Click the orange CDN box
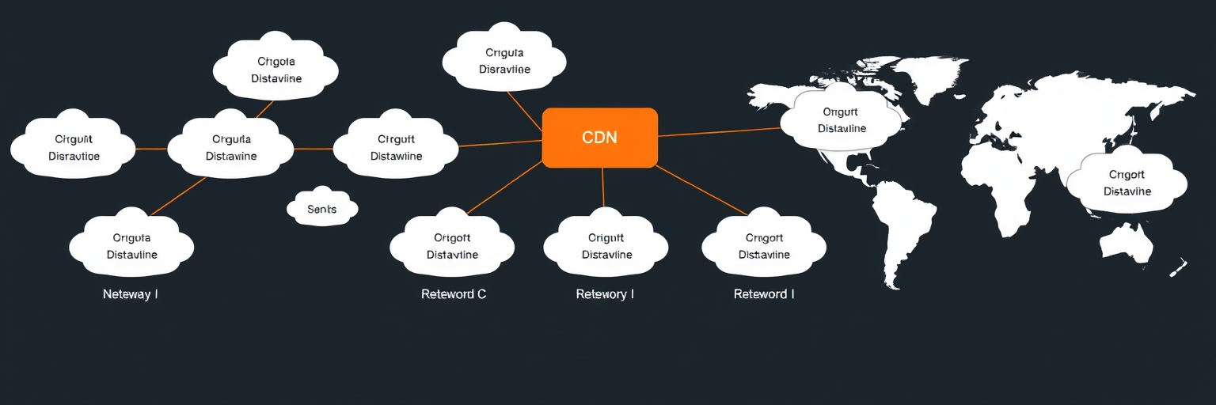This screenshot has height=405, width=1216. coord(600,138)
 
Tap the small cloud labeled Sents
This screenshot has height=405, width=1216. coord(321,209)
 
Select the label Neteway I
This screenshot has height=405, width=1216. coord(131,294)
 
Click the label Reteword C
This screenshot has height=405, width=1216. coord(454,294)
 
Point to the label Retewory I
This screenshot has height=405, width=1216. coord(605,294)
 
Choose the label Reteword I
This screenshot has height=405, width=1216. coord(764,294)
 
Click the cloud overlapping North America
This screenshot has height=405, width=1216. coord(842,120)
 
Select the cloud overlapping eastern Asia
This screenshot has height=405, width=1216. coord(1127,183)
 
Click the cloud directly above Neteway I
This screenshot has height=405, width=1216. coord(131,246)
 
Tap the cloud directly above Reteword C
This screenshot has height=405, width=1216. coord(452,246)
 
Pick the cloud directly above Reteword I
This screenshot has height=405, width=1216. coord(764,246)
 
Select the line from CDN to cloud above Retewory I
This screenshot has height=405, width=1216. coord(603,187)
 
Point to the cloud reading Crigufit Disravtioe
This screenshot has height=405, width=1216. coord(74,148)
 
